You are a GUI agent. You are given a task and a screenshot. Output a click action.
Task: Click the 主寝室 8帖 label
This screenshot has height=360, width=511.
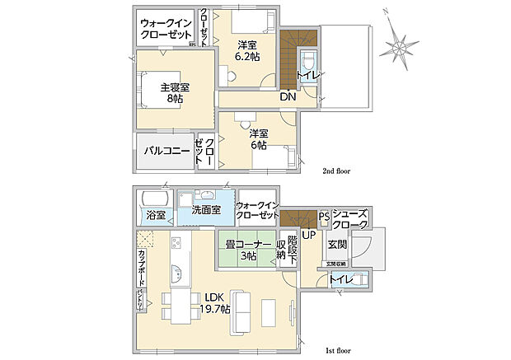[175, 92]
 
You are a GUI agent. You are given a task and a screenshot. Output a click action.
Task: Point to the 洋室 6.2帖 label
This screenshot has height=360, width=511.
[247, 50]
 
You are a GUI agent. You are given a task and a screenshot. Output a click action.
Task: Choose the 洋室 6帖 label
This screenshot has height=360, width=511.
[258, 139]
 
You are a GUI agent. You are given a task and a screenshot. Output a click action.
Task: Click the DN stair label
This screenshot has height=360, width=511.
[288, 96]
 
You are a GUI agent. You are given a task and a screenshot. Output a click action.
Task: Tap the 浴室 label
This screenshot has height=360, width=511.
[156, 215]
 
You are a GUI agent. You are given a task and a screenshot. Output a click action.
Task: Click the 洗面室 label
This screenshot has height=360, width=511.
[205, 211]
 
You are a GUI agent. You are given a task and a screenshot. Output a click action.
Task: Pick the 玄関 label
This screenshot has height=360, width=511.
[337, 245]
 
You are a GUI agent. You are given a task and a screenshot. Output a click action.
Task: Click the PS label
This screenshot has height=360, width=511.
[324, 218]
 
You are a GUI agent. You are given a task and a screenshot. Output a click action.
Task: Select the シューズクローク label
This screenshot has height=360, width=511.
[351, 219]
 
